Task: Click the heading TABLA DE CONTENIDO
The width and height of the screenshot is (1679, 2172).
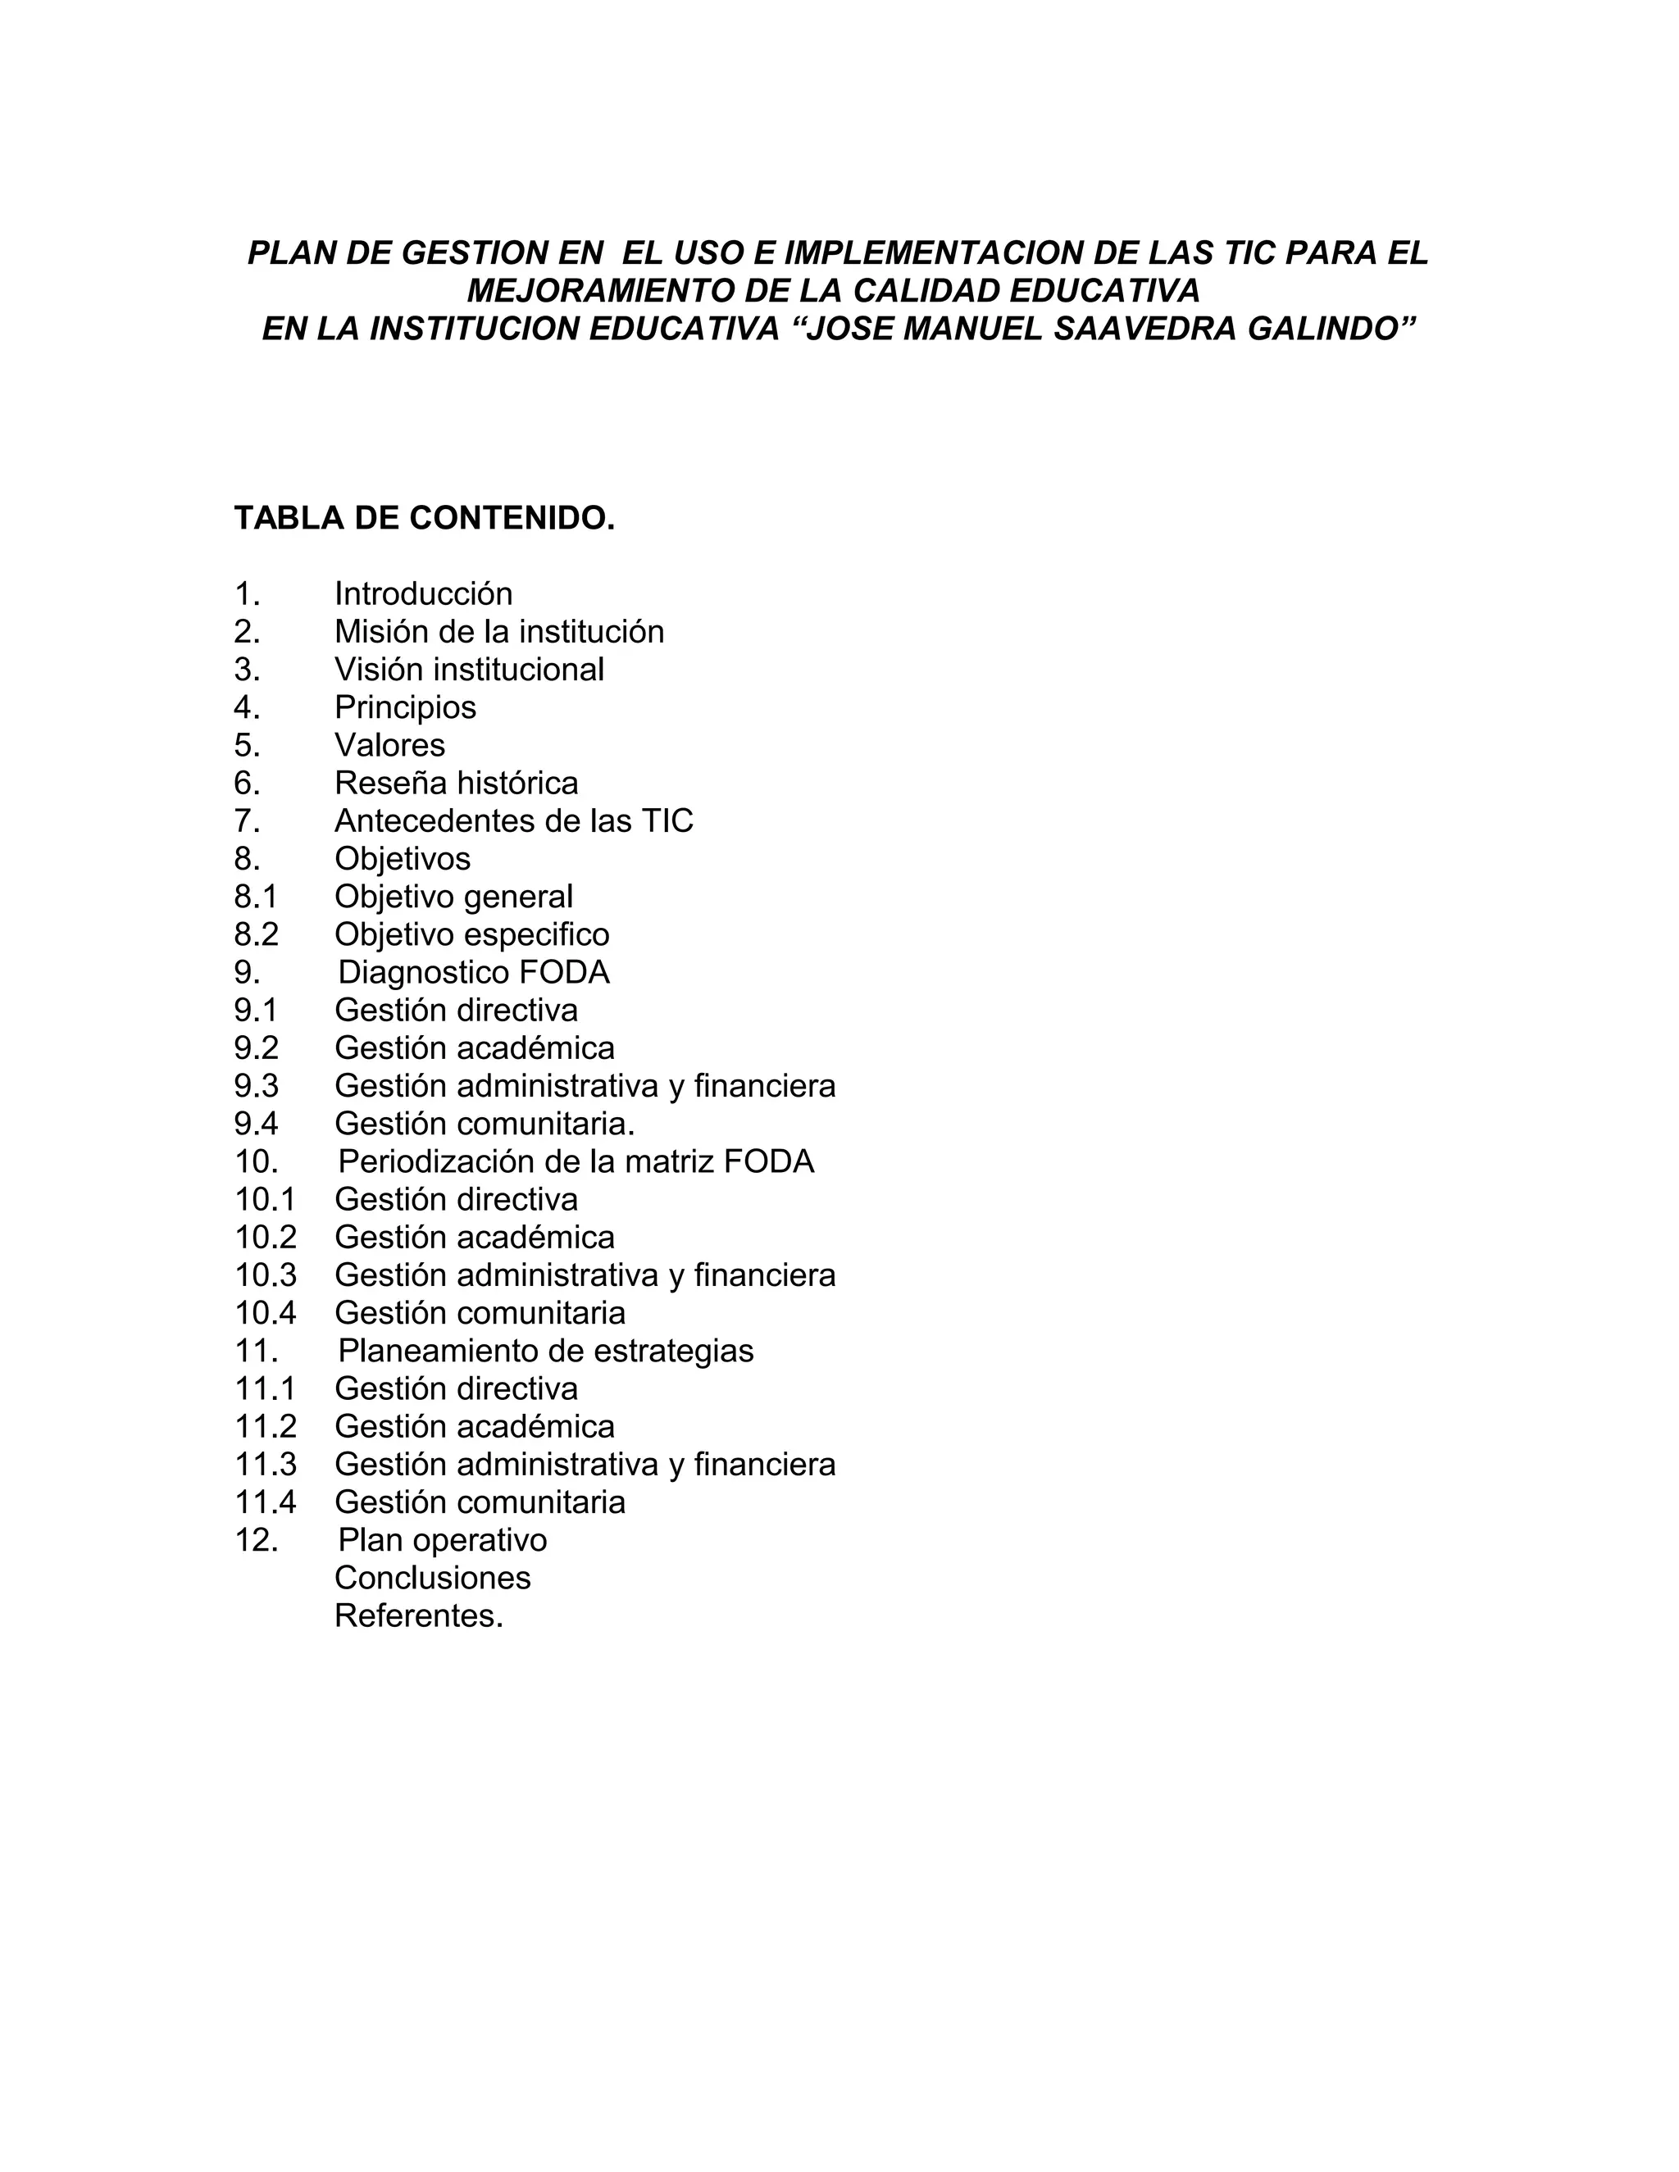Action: click(425, 518)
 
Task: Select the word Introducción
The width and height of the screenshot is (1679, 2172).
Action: click(424, 593)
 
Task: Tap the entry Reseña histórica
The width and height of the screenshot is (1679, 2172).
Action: click(457, 784)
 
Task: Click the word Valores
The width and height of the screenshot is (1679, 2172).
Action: click(390, 745)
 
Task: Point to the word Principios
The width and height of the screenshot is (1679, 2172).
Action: click(406, 707)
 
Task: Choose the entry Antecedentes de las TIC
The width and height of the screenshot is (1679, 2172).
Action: click(514, 821)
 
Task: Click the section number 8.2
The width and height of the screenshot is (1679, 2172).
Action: click(257, 935)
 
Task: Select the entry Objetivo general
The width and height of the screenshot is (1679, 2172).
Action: click(453, 897)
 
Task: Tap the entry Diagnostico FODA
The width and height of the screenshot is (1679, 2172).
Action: click(474, 973)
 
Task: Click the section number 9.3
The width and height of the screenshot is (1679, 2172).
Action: click(257, 1086)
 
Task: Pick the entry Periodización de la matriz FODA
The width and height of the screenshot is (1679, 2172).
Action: click(576, 1161)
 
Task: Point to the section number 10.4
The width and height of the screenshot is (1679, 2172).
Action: click(266, 1313)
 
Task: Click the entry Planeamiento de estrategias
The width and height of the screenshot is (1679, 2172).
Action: click(546, 1351)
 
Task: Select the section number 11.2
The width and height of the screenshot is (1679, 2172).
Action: click(266, 1426)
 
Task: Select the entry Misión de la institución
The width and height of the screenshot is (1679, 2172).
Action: click(499, 631)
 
